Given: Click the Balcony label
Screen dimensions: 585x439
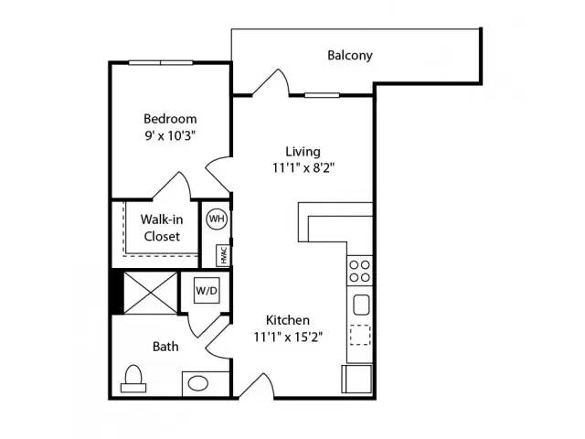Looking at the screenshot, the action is [349, 55].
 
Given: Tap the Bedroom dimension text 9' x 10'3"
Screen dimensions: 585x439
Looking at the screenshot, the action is [170, 135].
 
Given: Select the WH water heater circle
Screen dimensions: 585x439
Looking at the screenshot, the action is [217, 219].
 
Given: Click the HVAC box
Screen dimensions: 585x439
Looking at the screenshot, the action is [223, 255].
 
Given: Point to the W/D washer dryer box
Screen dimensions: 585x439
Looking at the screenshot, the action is [207, 290].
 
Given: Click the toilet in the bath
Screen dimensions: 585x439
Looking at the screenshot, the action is [133, 378].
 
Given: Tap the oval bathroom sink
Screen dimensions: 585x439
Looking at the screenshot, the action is [197, 383].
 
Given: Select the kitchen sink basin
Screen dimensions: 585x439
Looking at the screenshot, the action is [361, 305].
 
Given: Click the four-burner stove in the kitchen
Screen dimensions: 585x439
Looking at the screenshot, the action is [359, 271].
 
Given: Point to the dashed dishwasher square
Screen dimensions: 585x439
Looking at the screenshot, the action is [360, 335].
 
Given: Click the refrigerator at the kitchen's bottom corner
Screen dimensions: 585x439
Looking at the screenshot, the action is [356, 379].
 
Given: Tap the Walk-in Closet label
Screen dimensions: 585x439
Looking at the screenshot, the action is [162, 228].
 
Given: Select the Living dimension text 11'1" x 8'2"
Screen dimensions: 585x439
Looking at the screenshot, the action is [303, 168].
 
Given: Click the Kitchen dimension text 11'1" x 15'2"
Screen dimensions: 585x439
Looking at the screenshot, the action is [288, 337].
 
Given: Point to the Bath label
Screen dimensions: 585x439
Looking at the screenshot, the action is [165, 347].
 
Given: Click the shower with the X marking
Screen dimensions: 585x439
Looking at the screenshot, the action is [150, 293].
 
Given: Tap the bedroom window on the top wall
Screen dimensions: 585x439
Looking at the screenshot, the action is [161, 63].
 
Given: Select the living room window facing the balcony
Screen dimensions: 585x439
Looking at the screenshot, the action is [322, 95].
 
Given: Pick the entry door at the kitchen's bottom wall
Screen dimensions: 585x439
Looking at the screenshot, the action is [256, 386].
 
